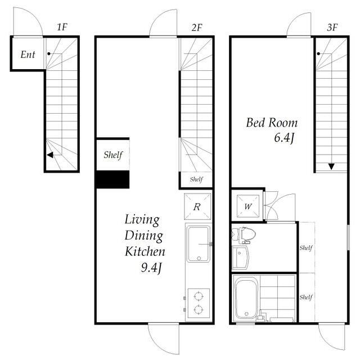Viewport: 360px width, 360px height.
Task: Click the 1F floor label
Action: point(62,27)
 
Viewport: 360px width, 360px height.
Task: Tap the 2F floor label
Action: point(197,28)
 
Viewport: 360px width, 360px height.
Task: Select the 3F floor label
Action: point(332,28)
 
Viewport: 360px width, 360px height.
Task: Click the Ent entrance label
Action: point(28,55)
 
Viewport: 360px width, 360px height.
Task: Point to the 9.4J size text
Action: point(151,268)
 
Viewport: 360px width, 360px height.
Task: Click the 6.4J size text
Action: point(284,138)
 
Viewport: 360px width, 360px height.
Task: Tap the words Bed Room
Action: point(272,123)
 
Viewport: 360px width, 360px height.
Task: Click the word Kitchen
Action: point(145,251)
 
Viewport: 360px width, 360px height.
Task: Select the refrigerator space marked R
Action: point(197,206)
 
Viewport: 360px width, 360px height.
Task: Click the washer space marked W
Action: point(248,206)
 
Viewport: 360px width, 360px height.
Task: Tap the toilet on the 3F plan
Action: point(244,235)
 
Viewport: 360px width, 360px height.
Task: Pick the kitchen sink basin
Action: point(199,244)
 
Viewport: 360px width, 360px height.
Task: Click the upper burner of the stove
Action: point(199,296)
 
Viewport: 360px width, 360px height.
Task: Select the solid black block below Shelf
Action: point(112,179)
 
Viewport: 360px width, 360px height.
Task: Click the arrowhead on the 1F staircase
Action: point(50,155)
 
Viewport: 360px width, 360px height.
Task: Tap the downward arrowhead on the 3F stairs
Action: point(331,166)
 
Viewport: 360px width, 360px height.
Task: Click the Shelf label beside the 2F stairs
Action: point(196,179)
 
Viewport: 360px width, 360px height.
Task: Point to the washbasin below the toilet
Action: point(240,258)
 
